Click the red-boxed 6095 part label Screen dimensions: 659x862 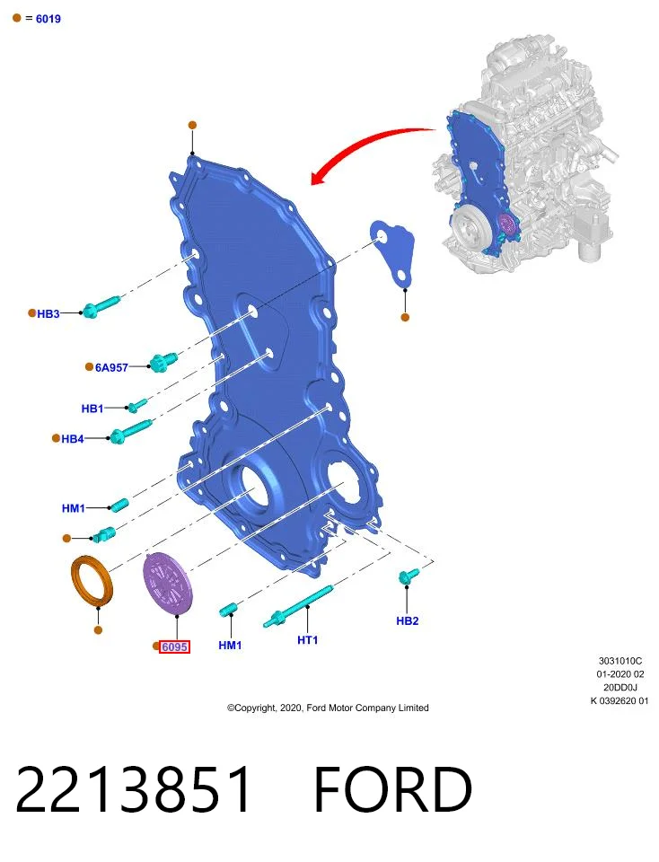coord(175,647)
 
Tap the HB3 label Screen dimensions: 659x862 coord(48,314)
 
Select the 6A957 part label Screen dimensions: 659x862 coord(111,368)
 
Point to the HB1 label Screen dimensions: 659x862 coord(92,409)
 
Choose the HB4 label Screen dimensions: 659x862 coord(73,439)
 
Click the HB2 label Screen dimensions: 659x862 coord(408,620)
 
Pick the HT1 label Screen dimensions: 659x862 coord(307,640)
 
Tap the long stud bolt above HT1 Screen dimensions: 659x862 coord(297,606)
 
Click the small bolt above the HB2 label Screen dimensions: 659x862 coord(409,576)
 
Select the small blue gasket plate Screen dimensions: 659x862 coord(393,253)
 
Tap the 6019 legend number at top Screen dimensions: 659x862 coord(48,19)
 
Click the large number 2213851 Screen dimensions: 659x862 coord(134,789)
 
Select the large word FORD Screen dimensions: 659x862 coord(393,789)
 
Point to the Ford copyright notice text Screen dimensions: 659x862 coord(328,708)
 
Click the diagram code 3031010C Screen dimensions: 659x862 coord(620,661)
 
